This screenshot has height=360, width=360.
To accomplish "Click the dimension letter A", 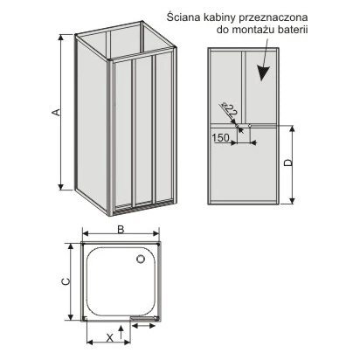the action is [57, 112].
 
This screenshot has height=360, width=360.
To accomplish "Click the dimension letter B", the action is [121, 229].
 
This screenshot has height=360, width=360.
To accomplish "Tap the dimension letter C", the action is [66, 281].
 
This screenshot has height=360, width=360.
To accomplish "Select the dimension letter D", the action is [287, 163].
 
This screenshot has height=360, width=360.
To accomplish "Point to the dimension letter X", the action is [109, 338].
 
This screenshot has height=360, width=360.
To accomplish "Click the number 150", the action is [220, 137].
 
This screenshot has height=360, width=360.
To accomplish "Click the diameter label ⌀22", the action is [229, 110].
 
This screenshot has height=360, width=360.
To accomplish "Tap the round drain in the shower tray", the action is [141, 259].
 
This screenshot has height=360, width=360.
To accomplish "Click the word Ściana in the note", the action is [182, 17].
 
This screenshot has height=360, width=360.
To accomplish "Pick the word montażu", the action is [251, 31].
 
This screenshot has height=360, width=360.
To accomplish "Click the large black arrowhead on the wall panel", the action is [264, 73].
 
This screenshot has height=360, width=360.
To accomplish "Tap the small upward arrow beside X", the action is [121, 332].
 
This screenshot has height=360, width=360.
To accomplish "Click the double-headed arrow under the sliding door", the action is [143, 326].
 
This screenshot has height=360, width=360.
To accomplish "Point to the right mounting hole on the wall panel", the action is [250, 126].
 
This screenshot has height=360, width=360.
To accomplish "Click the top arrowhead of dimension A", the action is [60, 38].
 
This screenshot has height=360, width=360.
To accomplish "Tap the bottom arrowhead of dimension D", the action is [292, 200].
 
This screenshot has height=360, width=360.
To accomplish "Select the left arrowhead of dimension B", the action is [86, 233].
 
